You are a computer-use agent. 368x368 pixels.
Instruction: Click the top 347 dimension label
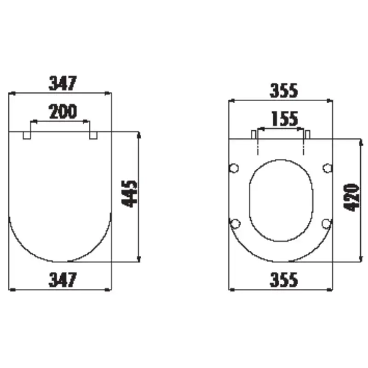[63, 83]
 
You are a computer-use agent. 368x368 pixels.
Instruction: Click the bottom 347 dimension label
[63, 280]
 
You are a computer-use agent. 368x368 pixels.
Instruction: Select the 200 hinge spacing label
[63, 111]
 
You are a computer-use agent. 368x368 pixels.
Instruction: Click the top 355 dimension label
[284, 90]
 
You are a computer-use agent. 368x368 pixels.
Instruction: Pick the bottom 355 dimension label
[284, 280]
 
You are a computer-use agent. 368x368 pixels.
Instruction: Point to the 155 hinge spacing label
[285, 119]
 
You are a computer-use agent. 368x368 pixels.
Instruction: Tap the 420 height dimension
[351, 198]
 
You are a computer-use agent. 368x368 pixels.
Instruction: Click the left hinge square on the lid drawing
[27, 135]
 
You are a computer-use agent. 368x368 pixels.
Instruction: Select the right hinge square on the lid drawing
[93, 135]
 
